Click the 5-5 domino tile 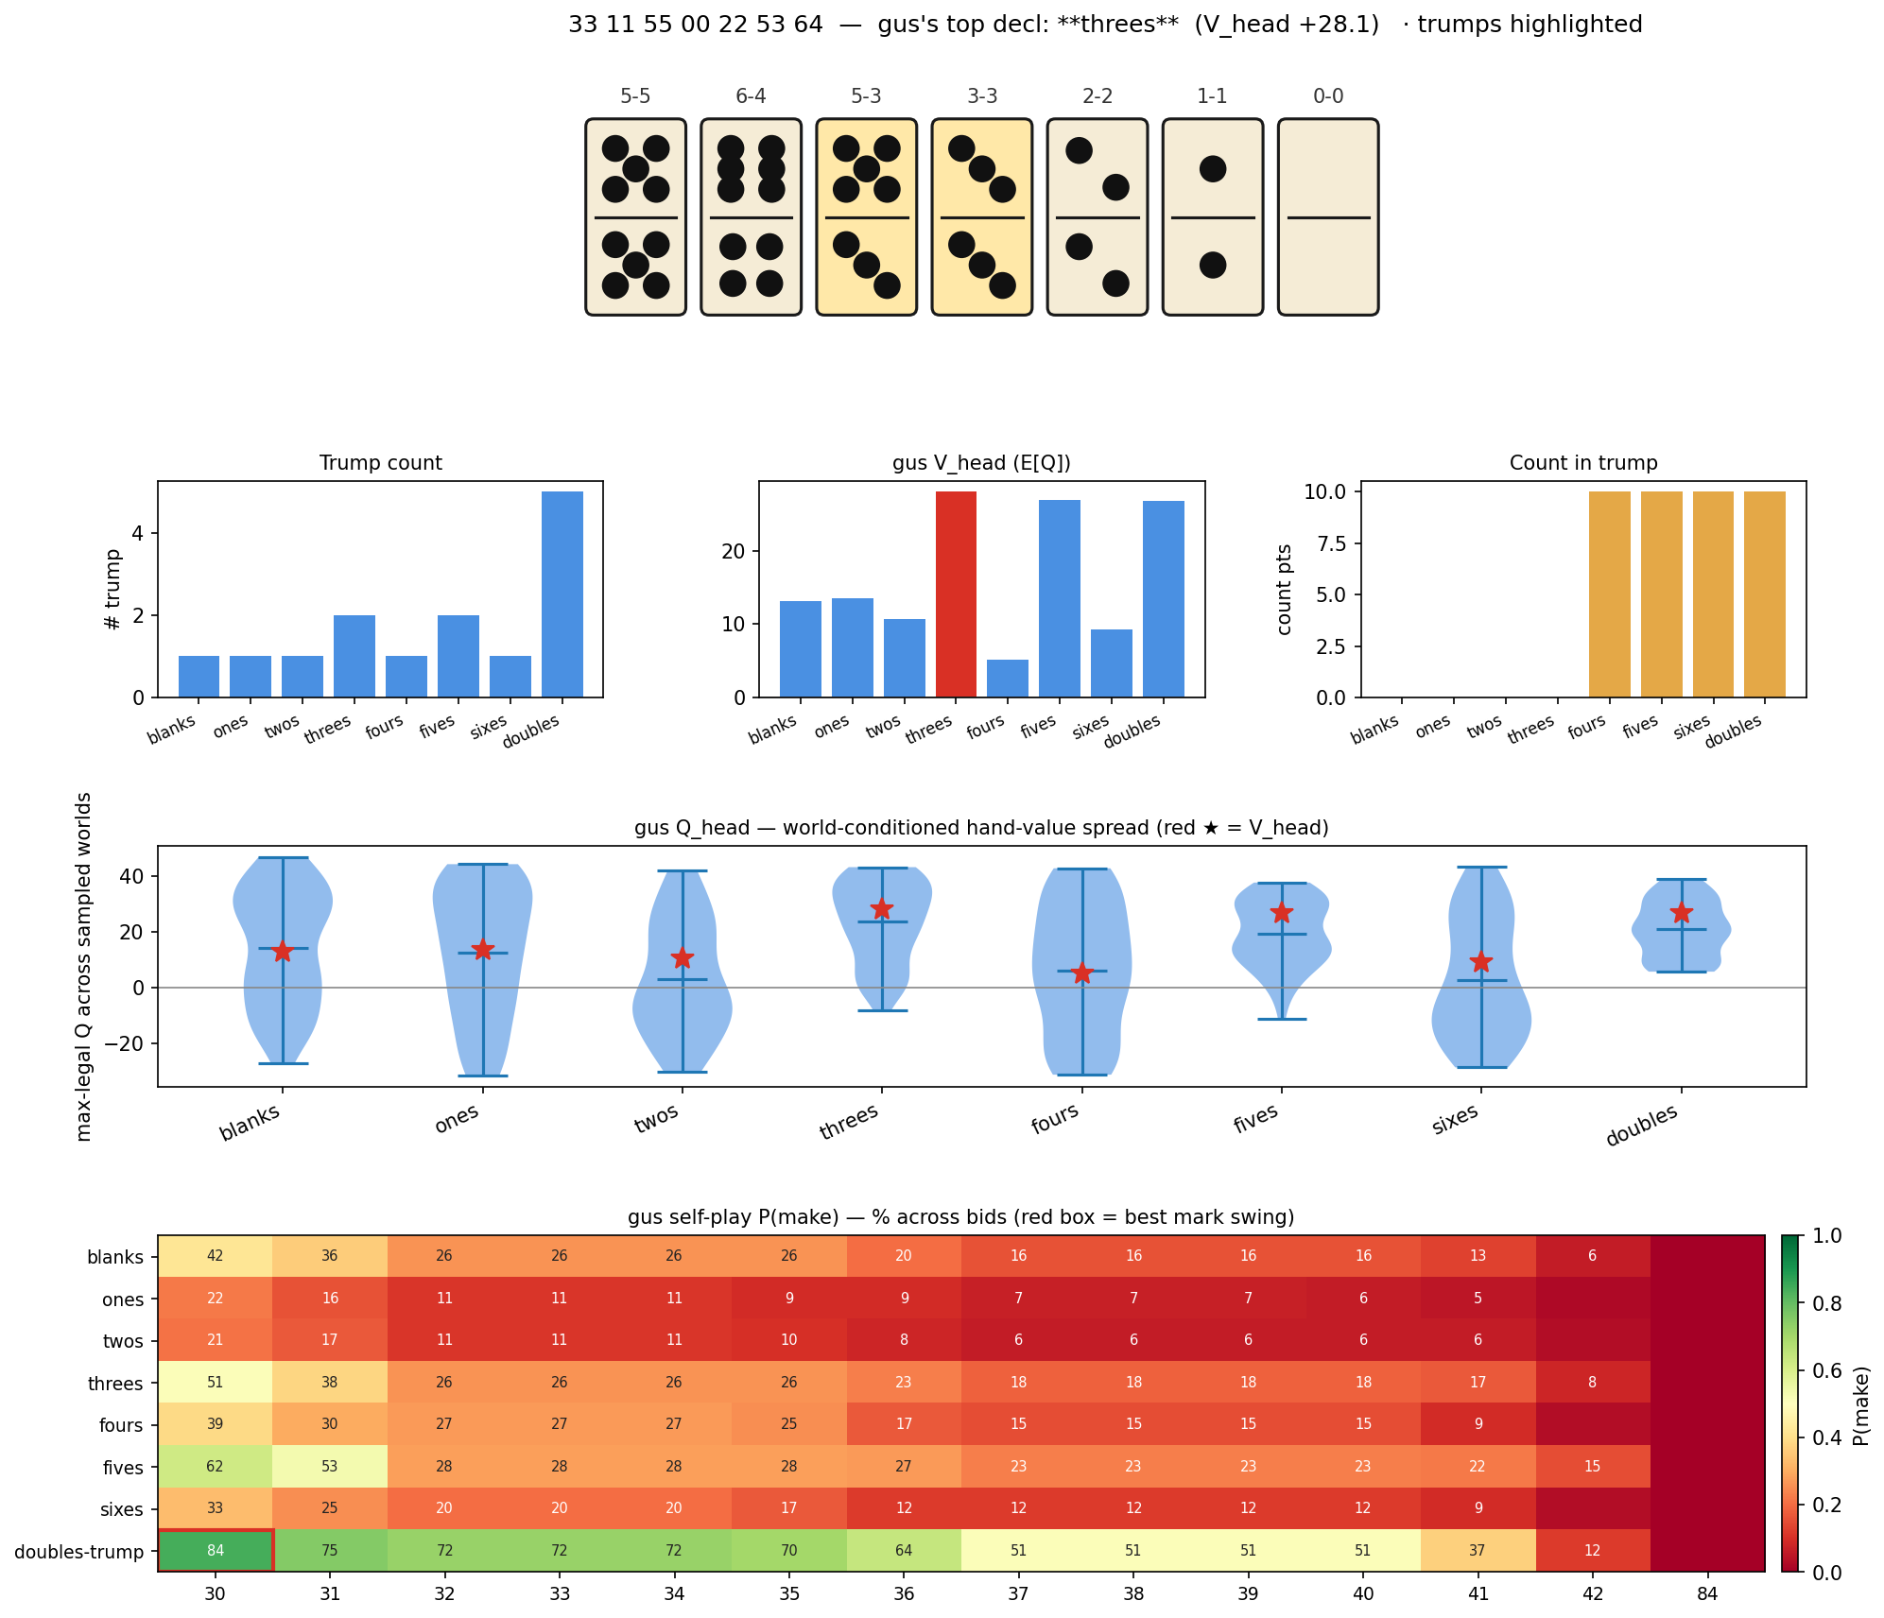click(x=635, y=216)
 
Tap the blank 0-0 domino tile click(x=1328, y=216)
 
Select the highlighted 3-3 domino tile click(x=982, y=216)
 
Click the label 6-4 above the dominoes click(x=751, y=96)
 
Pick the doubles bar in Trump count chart click(x=562, y=594)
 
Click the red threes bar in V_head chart click(x=956, y=594)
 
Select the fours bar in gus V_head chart click(x=1008, y=678)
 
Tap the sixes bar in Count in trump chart click(x=1713, y=594)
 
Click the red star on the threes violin click(x=882, y=909)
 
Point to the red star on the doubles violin click(x=1682, y=913)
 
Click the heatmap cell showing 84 click(x=216, y=1550)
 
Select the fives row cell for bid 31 click(x=330, y=1466)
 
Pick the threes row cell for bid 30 click(x=216, y=1382)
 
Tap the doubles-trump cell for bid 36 click(x=904, y=1550)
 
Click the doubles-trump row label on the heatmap click(x=79, y=1551)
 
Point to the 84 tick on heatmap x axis click(x=1707, y=1593)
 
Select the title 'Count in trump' click(x=1583, y=463)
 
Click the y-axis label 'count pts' click(x=1285, y=589)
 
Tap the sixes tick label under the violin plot click(x=1456, y=1117)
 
